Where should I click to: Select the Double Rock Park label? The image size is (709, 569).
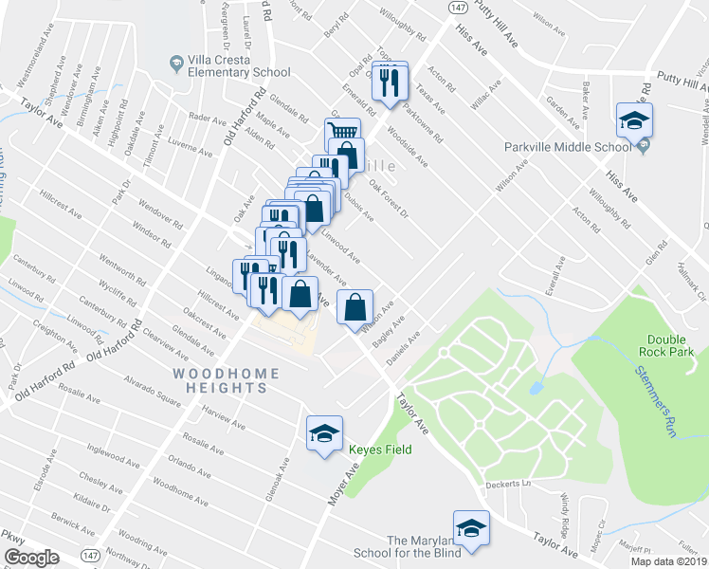671,345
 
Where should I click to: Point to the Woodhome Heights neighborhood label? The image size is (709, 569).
225,375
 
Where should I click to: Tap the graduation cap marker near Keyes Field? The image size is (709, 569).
324,433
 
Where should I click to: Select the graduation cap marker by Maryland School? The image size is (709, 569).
471,526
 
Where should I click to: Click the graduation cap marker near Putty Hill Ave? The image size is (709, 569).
633,119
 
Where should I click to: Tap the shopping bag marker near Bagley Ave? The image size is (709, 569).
354,306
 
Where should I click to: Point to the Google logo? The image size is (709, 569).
32,558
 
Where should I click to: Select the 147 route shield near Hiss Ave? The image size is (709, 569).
457,8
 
